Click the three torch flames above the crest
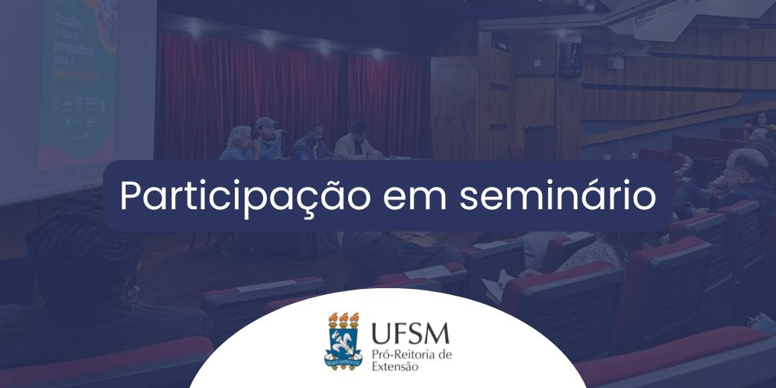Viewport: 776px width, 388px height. click(x=343, y=317)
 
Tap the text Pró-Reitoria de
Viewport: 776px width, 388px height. click(x=411, y=354)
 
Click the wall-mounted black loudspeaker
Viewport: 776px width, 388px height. click(x=570, y=58)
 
